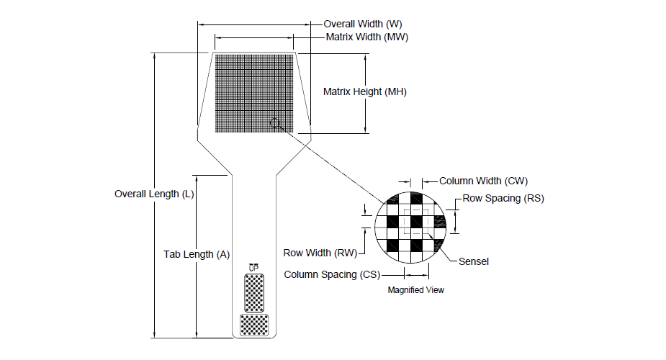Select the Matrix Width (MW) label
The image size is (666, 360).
(366, 37)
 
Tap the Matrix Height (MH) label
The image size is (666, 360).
(365, 92)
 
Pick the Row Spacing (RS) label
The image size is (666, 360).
(503, 198)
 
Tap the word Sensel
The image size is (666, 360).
(474, 261)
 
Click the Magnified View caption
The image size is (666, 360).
(416, 290)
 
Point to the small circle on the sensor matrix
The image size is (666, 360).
(275, 124)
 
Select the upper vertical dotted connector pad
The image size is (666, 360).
(253, 292)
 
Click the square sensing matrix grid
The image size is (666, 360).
(254, 93)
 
